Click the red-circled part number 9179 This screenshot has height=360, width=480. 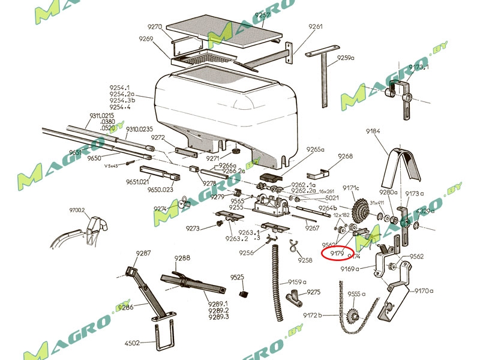tap(337, 253)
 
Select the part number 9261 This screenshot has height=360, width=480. tap(316, 27)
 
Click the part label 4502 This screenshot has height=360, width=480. tap(132, 343)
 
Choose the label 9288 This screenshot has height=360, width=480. tap(182, 259)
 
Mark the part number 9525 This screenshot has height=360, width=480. tap(238, 277)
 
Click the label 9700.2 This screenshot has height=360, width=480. tap(77, 211)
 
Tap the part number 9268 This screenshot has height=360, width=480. tap(345, 156)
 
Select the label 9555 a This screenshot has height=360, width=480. tap(356, 294)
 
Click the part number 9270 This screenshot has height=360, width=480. tap(155, 27)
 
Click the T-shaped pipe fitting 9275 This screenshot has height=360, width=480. tap(296, 296)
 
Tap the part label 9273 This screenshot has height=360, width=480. tap(193, 229)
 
